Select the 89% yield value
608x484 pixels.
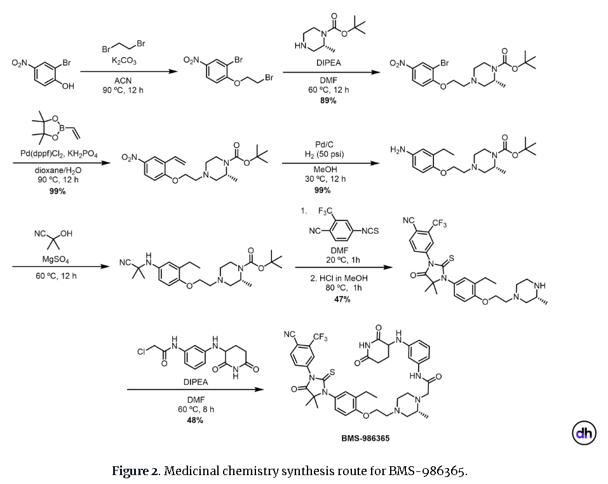(328, 100)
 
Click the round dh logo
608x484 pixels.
(584, 434)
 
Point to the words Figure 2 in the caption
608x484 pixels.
(134, 471)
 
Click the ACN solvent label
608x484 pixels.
(123, 81)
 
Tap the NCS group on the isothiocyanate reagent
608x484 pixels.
(370, 230)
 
